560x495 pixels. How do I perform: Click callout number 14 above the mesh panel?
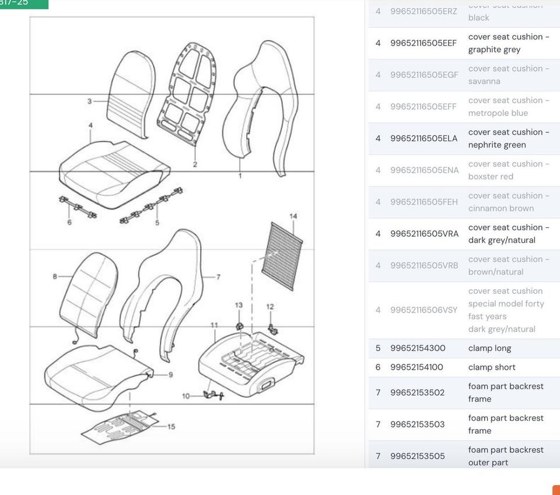(x=293, y=216)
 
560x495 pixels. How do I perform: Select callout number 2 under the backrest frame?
(x=195, y=164)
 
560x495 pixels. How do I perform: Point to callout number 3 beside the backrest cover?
(x=89, y=101)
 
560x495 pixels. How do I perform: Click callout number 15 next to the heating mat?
(x=171, y=427)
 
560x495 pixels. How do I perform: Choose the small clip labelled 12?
(x=271, y=329)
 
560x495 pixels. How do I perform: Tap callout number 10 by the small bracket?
(x=185, y=396)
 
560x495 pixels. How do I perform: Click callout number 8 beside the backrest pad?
(x=55, y=276)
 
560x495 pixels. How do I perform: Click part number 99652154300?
(x=418, y=348)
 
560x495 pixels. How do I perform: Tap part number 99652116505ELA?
(x=423, y=138)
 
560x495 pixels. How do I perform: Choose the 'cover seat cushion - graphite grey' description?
(x=509, y=43)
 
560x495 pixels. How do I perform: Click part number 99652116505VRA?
(x=424, y=234)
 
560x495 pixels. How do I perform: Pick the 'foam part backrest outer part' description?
(x=505, y=456)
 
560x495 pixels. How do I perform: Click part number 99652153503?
(x=418, y=424)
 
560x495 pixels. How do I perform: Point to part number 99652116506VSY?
(x=423, y=310)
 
